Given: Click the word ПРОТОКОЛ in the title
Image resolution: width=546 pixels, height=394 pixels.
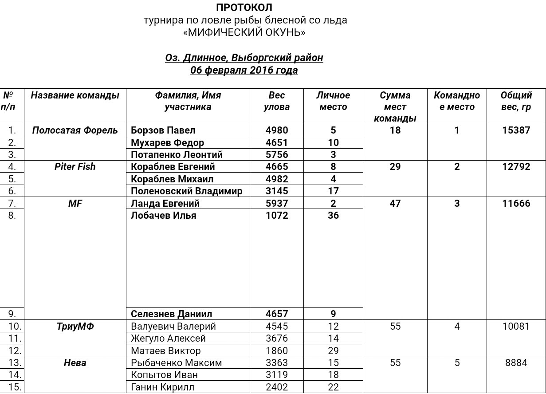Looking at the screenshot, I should [244, 8].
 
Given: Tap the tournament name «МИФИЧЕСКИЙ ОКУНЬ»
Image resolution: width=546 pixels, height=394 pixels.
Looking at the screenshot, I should [244, 32].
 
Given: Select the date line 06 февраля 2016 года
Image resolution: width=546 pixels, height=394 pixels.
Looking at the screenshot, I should [244, 70].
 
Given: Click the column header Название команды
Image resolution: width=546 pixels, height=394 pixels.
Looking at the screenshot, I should [75, 95].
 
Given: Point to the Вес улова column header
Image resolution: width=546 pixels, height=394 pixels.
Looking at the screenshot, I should [277, 101].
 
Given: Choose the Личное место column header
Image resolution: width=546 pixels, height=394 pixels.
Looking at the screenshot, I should [333, 101].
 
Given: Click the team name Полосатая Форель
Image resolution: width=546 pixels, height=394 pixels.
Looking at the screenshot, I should [75, 130].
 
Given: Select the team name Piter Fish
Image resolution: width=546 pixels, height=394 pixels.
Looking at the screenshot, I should [75, 167].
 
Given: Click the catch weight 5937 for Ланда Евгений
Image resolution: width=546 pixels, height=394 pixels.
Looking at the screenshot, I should [277, 204].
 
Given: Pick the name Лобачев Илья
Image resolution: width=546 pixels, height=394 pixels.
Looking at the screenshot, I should [164, 216].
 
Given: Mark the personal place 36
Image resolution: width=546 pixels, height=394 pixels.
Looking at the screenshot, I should [333, 216].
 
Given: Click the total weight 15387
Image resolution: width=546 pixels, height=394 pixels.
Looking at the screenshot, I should [516, 130].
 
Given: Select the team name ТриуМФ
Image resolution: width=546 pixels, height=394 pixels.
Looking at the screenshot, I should [75, 327].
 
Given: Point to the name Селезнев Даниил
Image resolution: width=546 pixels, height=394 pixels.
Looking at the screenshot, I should [171, 314].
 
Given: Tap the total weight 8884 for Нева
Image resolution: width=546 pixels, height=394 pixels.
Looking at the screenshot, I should [516, 363].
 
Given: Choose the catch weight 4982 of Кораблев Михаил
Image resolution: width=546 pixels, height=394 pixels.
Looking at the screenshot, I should [277, 179].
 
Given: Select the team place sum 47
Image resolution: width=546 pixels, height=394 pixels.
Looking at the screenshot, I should [395, 204].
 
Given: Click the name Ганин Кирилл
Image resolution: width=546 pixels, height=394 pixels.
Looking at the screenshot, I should [162, 387].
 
